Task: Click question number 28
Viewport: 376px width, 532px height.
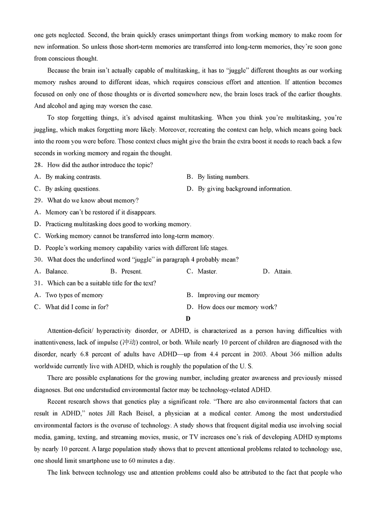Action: [x=38, y=165]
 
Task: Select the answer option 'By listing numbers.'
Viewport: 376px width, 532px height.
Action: [x=224, y=177]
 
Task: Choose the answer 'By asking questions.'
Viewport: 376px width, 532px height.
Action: [x=72, y=189]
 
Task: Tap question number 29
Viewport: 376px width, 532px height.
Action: [x=38, y=201]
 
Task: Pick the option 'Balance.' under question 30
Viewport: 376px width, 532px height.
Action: [x=57, y=272]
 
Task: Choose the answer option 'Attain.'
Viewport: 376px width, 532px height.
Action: [x=283, y=272]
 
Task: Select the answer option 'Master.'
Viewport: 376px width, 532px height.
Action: [x=207, y=272]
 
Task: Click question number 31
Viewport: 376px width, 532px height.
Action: [x=38, y=283]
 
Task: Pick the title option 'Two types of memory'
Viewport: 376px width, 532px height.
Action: [x=74, y=295]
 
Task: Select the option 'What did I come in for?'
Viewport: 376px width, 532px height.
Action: [x=76, y=307]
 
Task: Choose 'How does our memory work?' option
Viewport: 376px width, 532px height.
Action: [x=237, y=307]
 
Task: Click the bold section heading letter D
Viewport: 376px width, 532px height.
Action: [x=188, y=319]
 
